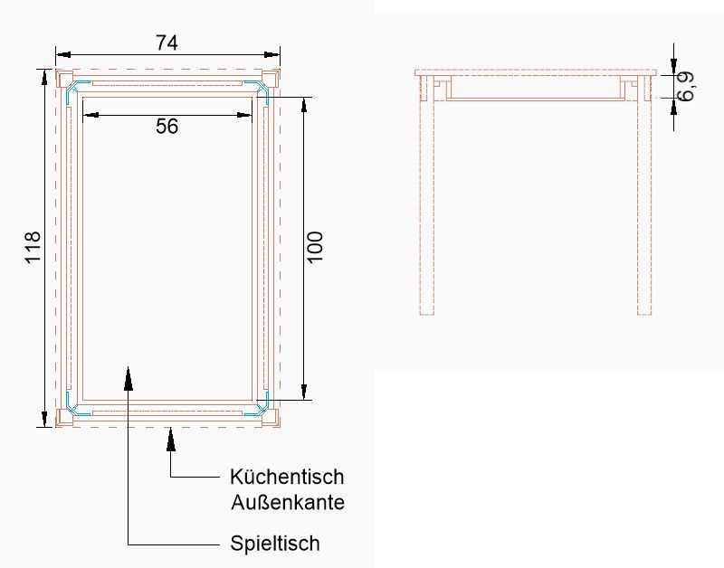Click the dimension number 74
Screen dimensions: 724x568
pyautogui.click(x=167, y=43)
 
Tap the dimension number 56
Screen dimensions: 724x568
pyautogui.click(x=167, y=127)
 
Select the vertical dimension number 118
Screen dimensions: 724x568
pyautogui.click(x=33, y=247)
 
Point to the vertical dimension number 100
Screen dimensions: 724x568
pyautogui.click(x=315, y=247)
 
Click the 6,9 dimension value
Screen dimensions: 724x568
pyautogui.click(x=685, y=86)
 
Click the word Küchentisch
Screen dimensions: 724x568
pyautogui.click(x=287, y=477)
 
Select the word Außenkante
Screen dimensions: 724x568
pyautogui.click(x=288, y=502)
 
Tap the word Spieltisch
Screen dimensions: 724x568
pyautogui.click(x=275, y=543)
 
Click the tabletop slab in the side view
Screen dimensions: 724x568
pyautogui.click(x=536, y=73)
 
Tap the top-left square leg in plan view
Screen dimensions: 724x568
pyautogui.click(x=64, y=79)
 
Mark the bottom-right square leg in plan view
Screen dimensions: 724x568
pyautogui.click(x=270, y=418)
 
